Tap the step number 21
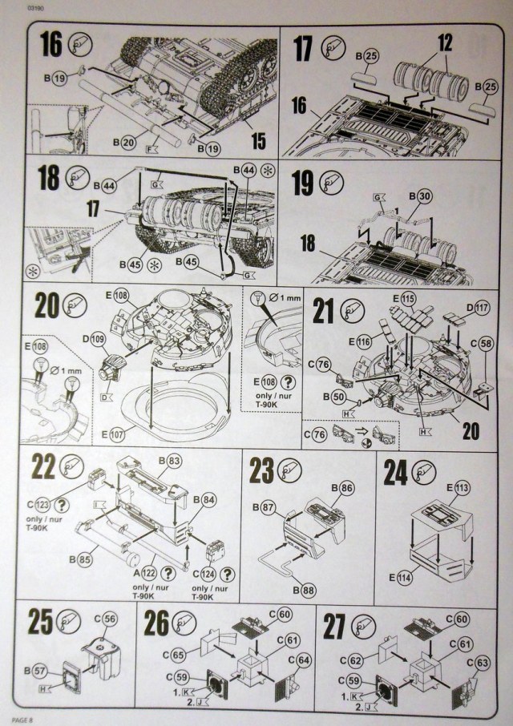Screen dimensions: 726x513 (323, 311)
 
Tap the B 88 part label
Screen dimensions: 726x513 (305, 590)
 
